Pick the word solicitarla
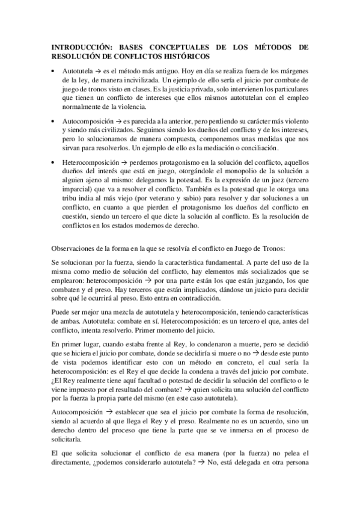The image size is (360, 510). pos(69,438)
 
